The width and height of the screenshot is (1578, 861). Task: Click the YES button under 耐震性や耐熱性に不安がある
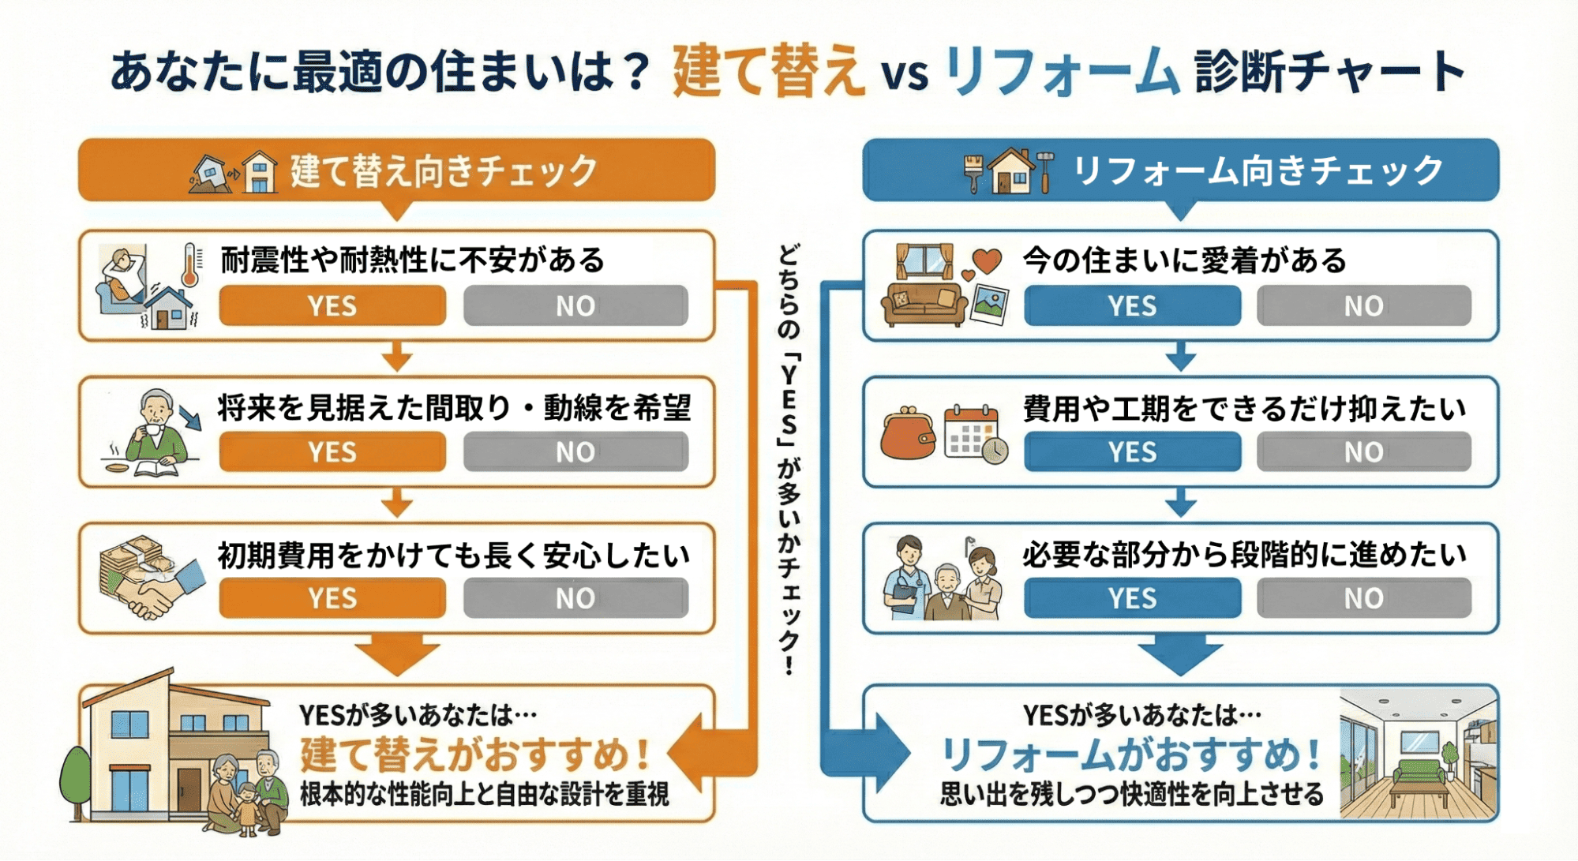click(x=332, y=305)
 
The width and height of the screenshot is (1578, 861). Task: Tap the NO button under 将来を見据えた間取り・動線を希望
click(x=575, y=452)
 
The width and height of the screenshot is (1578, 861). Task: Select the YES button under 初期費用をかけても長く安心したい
click(x=332, y=598)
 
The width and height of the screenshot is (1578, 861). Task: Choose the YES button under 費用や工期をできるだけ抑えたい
click(x=1132, y=452)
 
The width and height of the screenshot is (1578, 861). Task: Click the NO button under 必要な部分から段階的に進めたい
click(x=1364, y=598)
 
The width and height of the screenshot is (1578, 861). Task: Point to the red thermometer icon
click(x=189, y=265)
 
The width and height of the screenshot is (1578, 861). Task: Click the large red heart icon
click(x=987, y=260)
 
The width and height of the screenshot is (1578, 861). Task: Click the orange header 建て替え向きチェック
click(x=397, y=170)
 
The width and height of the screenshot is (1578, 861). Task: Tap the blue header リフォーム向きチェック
click(x=1181, y=170)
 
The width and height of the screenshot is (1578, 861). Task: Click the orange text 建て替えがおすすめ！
click(x=476, y=754)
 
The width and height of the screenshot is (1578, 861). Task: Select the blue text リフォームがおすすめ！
click(x=1131, y=754)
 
